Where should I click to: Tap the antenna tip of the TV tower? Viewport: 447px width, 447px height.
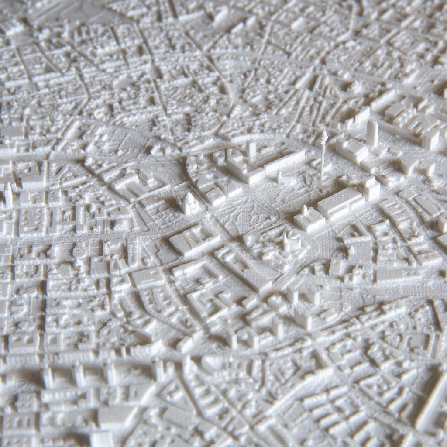click(323, 126)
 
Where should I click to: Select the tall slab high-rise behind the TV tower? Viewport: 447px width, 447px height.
click(372, 133)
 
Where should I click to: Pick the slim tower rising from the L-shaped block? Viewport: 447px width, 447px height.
click(251, 148)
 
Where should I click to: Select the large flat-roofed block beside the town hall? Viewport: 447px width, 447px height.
click(340, 202)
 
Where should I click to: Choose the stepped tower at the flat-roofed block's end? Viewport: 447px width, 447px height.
click(371, 189)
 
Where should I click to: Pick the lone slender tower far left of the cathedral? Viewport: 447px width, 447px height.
click(8, 194)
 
